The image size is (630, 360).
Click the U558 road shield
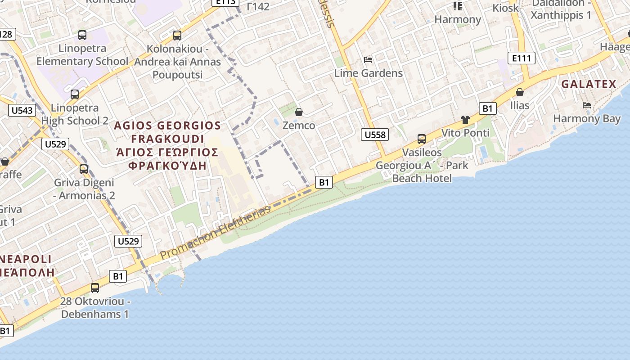click(374, 135)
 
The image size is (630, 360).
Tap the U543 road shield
click(22, 110)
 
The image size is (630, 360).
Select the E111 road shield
click(522, 58)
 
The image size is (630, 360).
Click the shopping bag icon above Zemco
click(298, 112)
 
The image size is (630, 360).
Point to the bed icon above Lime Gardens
click(368, 60)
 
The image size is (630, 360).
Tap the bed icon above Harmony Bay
click(587, 105)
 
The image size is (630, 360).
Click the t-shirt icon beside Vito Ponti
click(465, 120)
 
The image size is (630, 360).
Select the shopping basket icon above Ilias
click(520, 92)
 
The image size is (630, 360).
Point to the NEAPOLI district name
click(27, 260)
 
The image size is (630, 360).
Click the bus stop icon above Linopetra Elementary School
click(82, 35)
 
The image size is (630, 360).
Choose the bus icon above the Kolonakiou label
click(177, 35)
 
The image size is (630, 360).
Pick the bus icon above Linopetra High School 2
click(75, 94)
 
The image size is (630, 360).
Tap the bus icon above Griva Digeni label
click(84, 169)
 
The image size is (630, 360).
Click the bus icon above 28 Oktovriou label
click(95, 288)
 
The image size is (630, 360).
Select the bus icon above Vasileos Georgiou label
click(422, 139)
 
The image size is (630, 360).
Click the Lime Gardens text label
click(368, 73)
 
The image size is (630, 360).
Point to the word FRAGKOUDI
click(168, 139)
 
